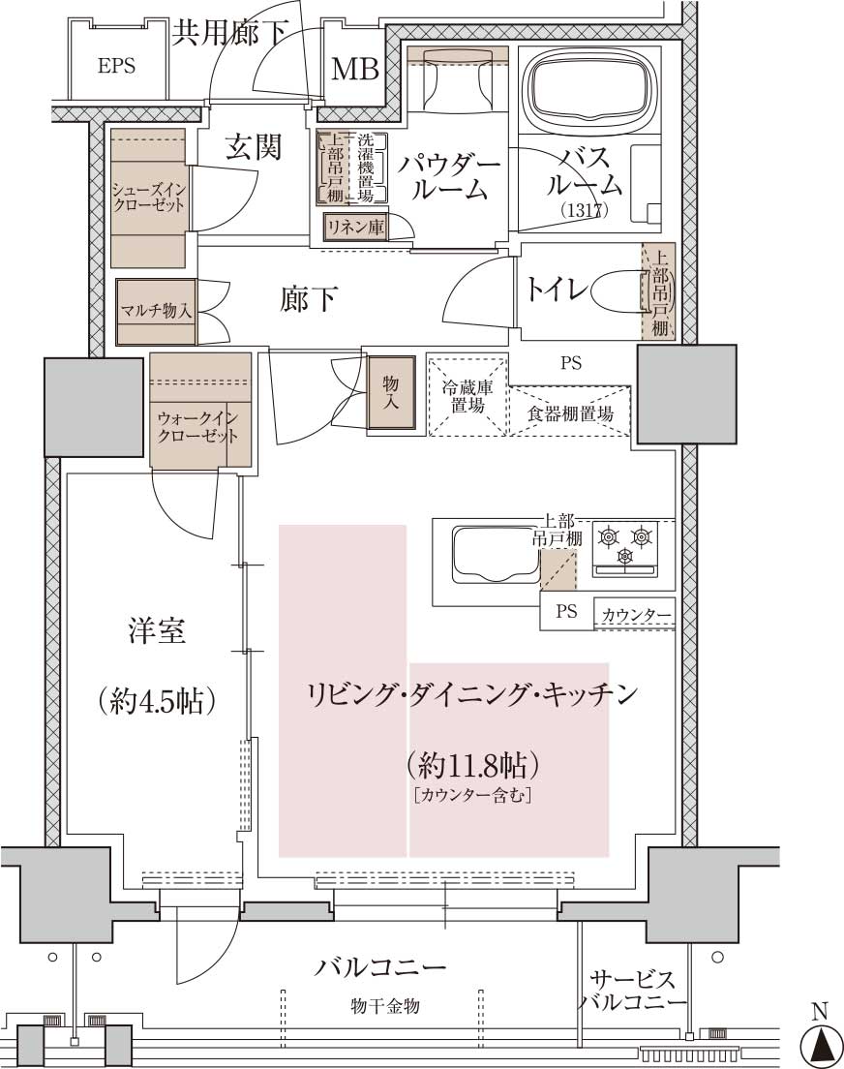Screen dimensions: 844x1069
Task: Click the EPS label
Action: click(116, 66)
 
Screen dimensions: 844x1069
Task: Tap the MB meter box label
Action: click(354, 69)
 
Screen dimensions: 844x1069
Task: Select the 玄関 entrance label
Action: click(254, 146)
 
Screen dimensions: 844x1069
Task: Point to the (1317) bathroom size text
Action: click(585, 210)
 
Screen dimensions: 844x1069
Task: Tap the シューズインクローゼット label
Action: click(148, 197)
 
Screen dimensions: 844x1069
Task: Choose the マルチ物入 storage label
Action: click(156, 311)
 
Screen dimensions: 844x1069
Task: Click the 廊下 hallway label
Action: click(308, 299)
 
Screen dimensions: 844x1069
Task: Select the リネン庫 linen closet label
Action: click(355, 227)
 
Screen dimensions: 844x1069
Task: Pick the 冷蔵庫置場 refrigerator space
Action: click(467, 395)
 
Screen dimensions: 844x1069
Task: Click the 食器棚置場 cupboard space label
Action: click(570, 413)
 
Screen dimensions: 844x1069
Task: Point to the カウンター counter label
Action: click(635, 615)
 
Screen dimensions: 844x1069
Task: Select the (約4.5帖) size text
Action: click(157, 700)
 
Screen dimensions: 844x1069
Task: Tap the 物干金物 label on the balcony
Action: click(385, 1006)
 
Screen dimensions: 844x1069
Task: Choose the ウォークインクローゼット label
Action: click(197, 427)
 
